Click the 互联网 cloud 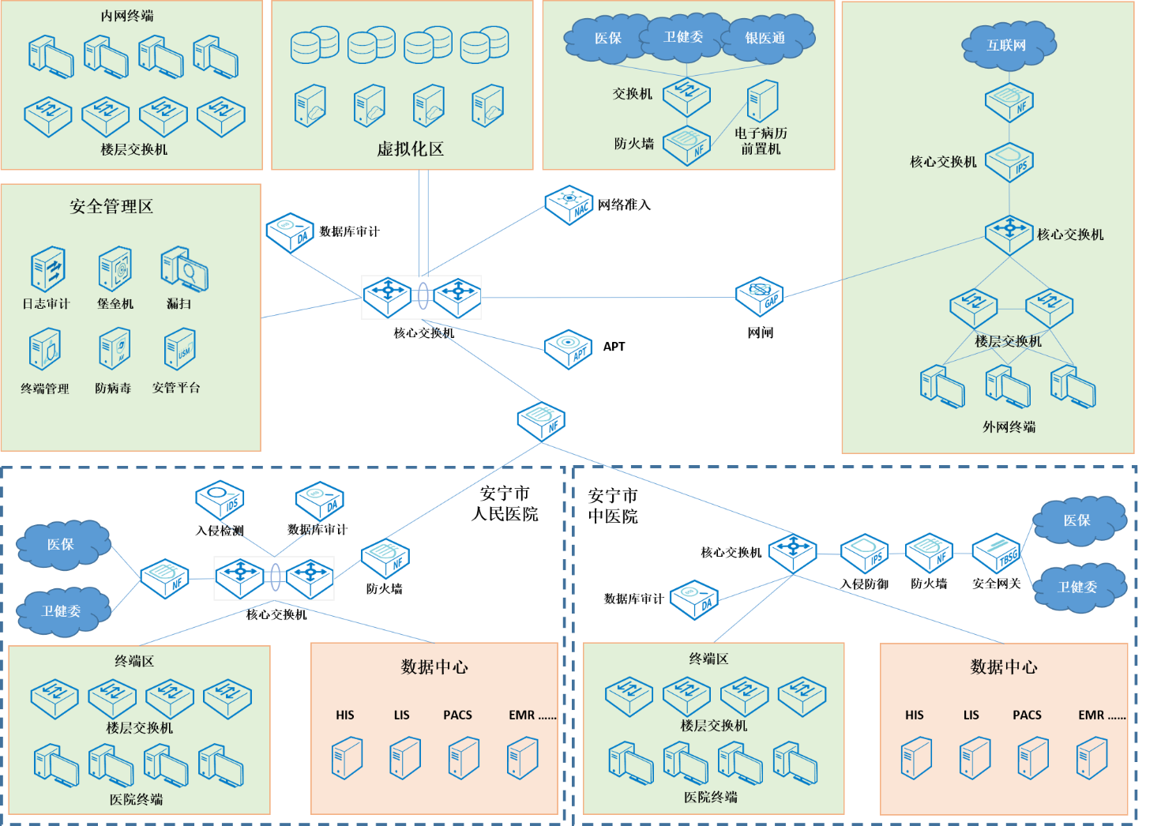pos(1008,45)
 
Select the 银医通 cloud pos(765,38)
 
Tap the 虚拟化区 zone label pos(410,148)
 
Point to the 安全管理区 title pos(111,207)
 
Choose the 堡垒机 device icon pos(115,268)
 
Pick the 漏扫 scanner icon pos(184,268)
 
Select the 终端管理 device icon pos(45,351)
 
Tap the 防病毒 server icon pos(114,350)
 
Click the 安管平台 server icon pos(179,349)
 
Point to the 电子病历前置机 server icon pos(763,101)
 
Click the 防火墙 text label pos(634,144)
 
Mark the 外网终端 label pos(1009,427)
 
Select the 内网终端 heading pos(127,16)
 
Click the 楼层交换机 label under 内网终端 pos(134,149)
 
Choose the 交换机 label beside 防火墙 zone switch pos(633,94)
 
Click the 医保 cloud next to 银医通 pos(607,38)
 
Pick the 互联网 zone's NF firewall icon pos(1009,102)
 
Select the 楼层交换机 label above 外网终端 pos(1008,341)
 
